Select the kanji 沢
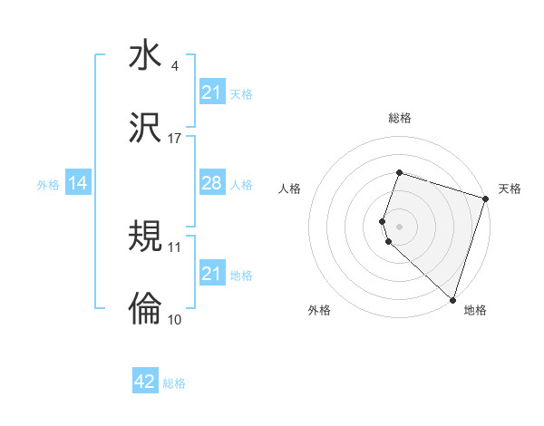coord(145,128)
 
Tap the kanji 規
coord(145,236)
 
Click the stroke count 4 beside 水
coord(174,66)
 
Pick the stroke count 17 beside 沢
coord(175,139)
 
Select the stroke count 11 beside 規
coord(175,247)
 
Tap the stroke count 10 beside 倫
coord(175,319)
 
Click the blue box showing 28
coord(211,183)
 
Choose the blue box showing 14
coord(78,184)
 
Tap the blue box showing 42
coord(145,382)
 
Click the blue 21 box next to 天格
coord(211,92)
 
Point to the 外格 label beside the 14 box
coord(48,185)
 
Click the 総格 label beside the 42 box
coord(174,383)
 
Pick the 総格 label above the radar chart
coord(399,118)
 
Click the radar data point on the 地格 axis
coord(452,299)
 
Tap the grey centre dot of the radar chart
coord(399,226)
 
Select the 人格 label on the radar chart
coord(289,189)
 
